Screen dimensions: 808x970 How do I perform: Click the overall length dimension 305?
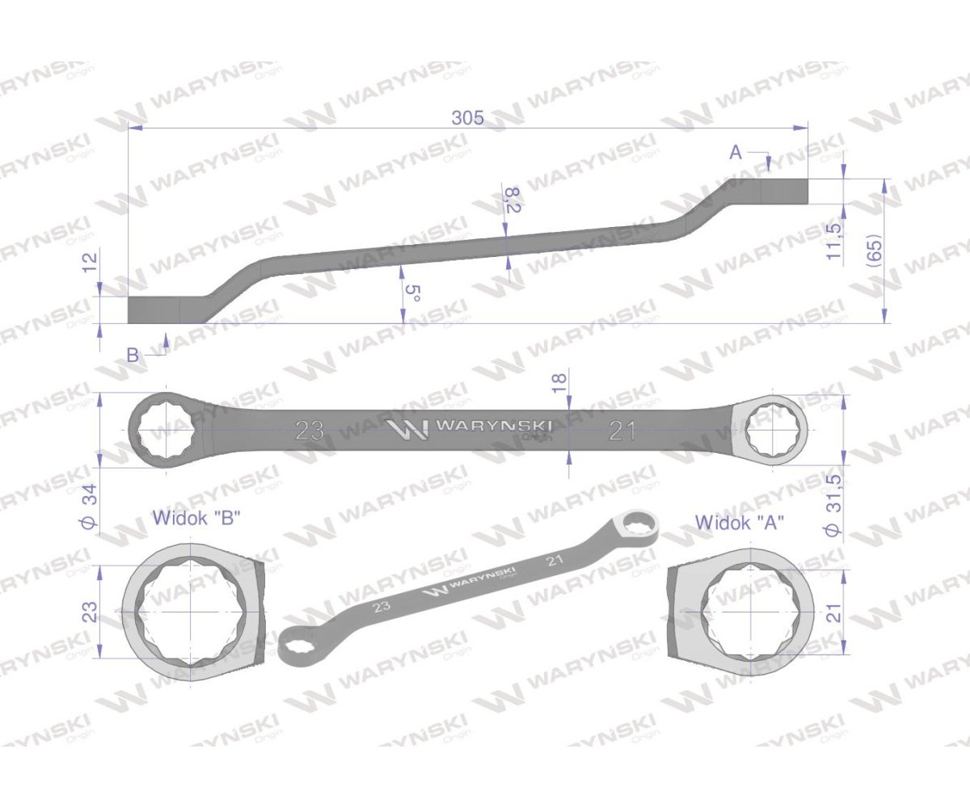click(467, 118)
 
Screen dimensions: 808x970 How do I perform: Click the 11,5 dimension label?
click(834, 242)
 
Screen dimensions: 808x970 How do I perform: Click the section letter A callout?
click(736, 153)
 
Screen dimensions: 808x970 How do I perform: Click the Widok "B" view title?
click(197, 518)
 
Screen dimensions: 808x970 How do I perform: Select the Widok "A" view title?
click(740, 523)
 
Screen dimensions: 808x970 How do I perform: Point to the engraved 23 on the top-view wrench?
click(310, 431)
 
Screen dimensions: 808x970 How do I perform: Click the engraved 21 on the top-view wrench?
click(622, 431)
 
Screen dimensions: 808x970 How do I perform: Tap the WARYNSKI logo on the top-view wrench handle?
click(469, 427)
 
